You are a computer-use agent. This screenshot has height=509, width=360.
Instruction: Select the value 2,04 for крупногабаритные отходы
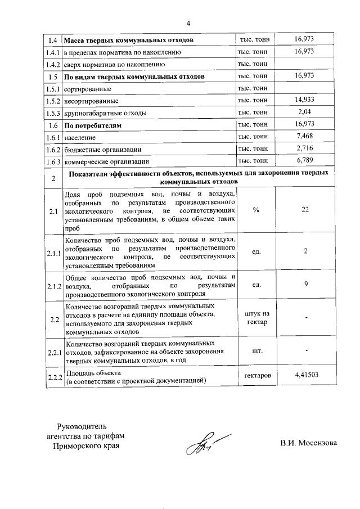(304, 112)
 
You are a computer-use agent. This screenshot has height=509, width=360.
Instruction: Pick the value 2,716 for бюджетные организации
(304, 148)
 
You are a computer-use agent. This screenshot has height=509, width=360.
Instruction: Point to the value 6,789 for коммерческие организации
(304, 161)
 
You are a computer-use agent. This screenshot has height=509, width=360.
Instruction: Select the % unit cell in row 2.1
(256, 210)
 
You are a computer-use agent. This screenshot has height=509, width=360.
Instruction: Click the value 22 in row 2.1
(305, 210)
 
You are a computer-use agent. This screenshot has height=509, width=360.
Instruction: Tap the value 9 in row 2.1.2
(306, 284)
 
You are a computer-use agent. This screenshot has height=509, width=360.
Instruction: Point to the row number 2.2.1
(54, 352)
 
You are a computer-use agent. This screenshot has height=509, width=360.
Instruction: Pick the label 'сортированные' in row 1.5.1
(88, 89)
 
